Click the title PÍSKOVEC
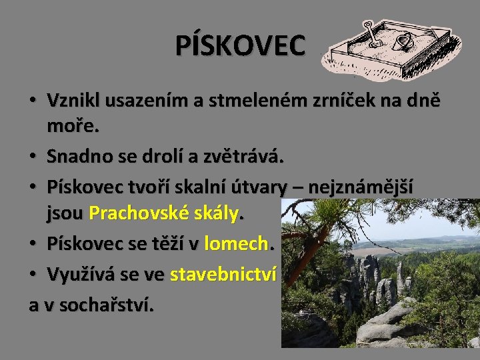[x=240, y=45]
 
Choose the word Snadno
[x=76, y=157]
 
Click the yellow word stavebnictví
[x=223, y=275]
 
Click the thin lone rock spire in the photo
[x=399, y=273]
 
